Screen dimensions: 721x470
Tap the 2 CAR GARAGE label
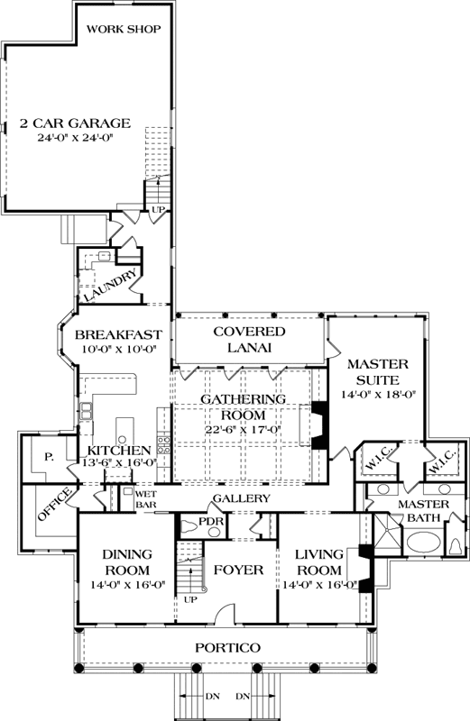(x=76, y=123)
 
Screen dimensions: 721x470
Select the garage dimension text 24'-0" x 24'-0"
(x=76, y=139)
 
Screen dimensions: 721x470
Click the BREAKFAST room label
(x=119, y=334)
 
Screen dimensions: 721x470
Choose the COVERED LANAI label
(x=249, y=340)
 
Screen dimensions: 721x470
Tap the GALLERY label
(x=242, y=498)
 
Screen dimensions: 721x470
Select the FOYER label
(x=238, y=570)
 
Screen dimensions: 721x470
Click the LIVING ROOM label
(x=320, y=562)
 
